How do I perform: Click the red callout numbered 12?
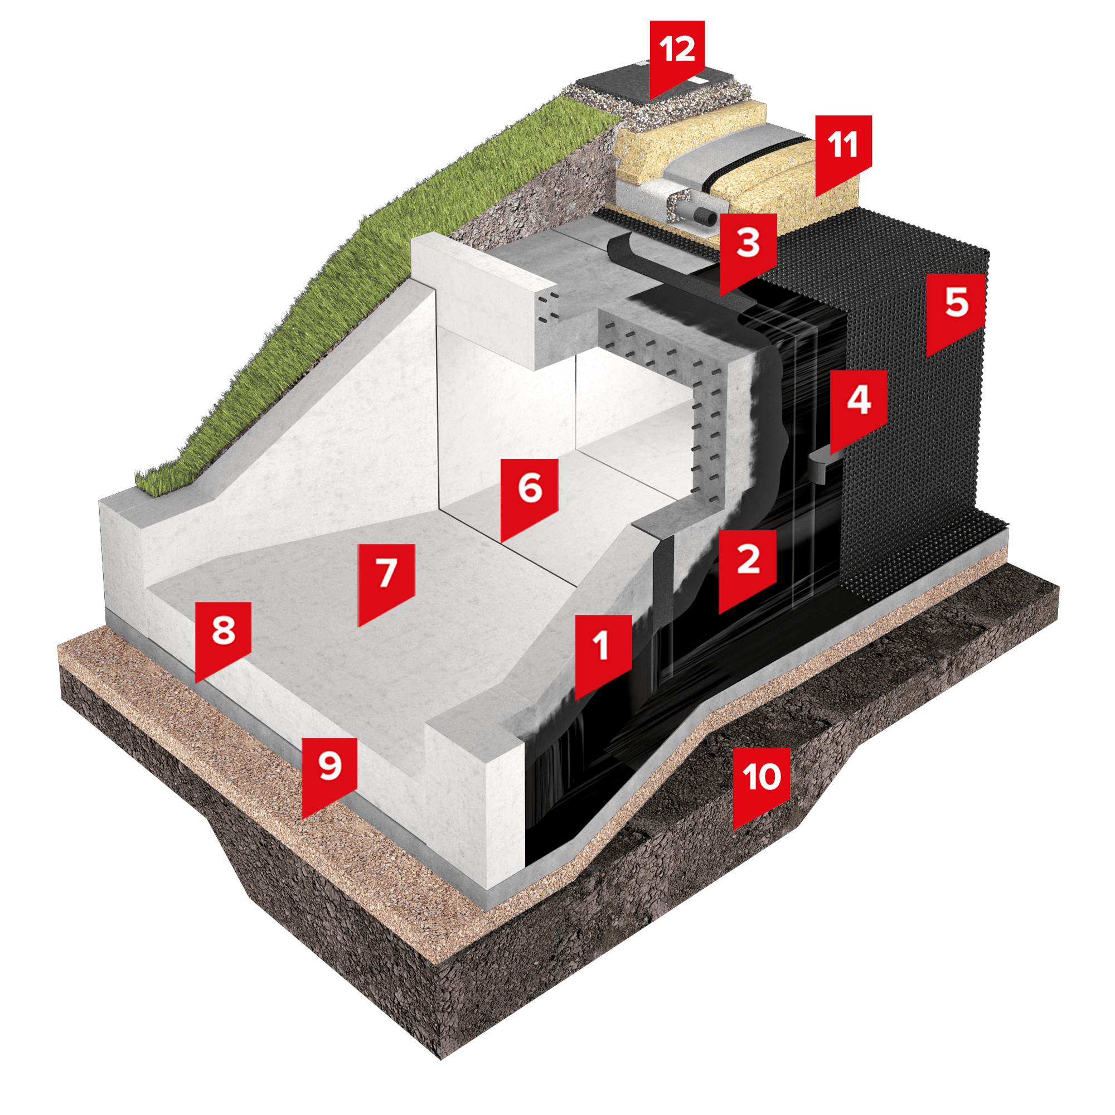pyautogui.click(x=677, y=55)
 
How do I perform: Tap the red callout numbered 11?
pyautogui.click(x=843, y=150)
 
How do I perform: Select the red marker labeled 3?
pyautogui.click(x=748, y=248)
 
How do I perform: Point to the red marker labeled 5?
pyautogui.click(x=955, y=309)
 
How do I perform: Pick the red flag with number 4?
pyautogui.click(x=858, y=405)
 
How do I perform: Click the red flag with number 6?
pyautogui.click(x=529, y=494)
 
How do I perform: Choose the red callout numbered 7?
pyautogui.click(x=386, y=579)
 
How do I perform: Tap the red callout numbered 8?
pyautogui.click(x=223, y=636)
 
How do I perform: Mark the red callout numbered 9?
pyautogui.click(x=329, y=772)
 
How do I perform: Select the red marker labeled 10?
pyautogui.click(x=761, y=783)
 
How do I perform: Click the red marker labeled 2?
pyautogui.click(x=748, y=565)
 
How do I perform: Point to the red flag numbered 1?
pyautogui.click(x=604, y=651)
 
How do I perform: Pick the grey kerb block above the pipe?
pyautogui.click(x=721, y=156)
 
